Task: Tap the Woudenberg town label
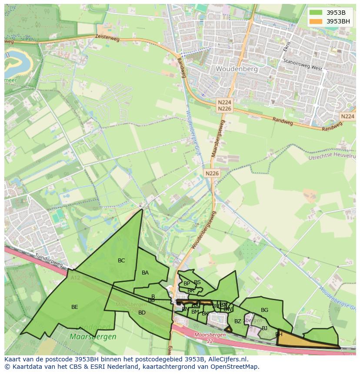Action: [x=237, y=69]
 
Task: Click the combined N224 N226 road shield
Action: [x=225, y=105]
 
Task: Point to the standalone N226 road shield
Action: [x=212, y=173]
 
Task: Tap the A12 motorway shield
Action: [x=75, y=277]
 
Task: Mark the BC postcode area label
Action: [x=121, y=261]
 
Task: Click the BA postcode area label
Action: [x=145, y=273]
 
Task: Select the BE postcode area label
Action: [x=75, y=307]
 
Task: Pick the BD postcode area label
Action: [x=142, y=313]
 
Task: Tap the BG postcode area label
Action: [x=264, y=310]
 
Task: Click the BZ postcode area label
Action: [x=237, y=321]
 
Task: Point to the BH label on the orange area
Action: [x=279, y=334]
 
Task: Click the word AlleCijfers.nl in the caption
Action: [x=227, y=360]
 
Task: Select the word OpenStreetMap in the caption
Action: [x=235, y=367]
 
